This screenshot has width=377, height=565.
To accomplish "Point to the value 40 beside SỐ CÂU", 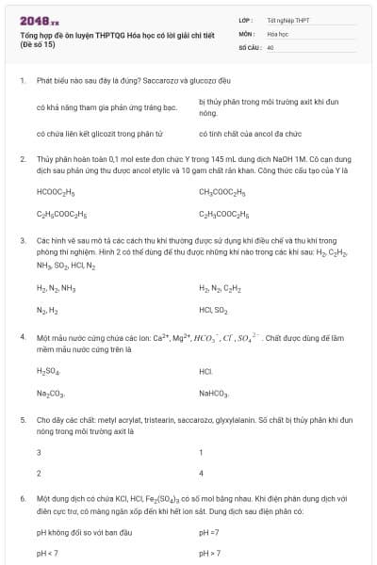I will [270, 46].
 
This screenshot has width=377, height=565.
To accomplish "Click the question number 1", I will [22, 81].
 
